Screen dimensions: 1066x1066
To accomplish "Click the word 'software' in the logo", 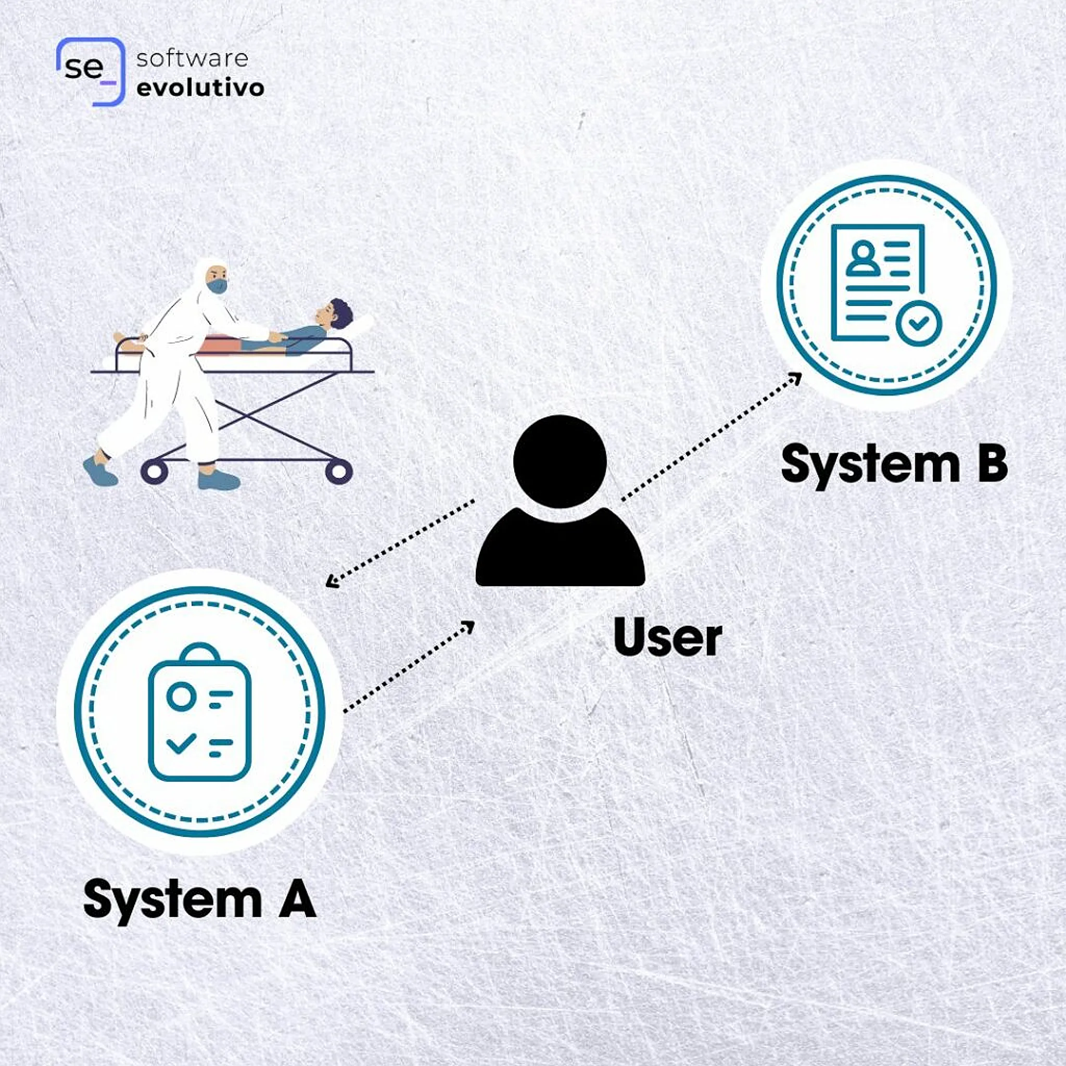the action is coord(193,58).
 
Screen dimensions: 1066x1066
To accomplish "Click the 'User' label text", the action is coord(667,638).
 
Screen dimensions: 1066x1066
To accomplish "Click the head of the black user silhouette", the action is coord(560,461).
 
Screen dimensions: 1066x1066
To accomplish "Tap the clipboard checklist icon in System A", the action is coord(200,712).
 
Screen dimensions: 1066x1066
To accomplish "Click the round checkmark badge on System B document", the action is coord(919,324).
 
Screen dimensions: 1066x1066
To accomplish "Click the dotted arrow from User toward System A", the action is coord(401,542).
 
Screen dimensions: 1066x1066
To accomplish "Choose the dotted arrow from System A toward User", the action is coord(409,667).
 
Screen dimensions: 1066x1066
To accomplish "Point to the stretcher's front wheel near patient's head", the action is coord(338,471).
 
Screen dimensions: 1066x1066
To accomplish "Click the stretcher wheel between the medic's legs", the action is coord(155,471).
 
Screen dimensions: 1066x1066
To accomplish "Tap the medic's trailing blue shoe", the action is coord(100,471).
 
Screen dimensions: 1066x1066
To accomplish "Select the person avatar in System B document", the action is coord(864,258).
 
